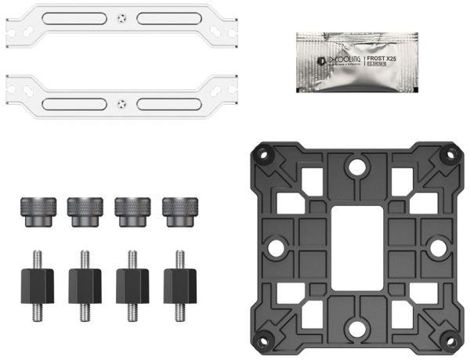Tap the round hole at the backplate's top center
pos(355,167)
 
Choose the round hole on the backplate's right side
pos(436,248)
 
